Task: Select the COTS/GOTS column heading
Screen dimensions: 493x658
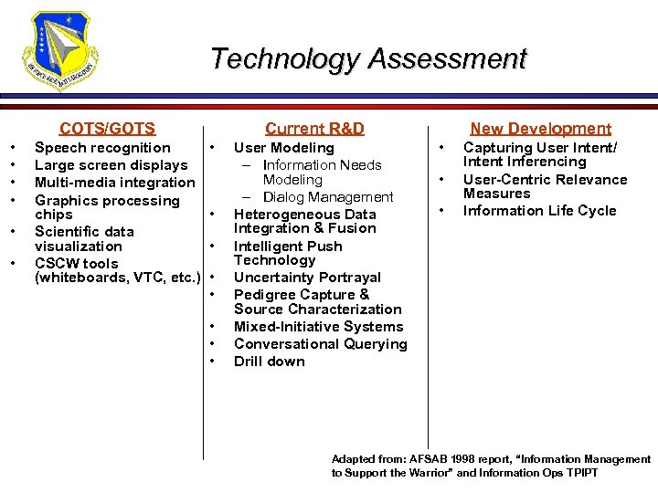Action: (x=107, y=129)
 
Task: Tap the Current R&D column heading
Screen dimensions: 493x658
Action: (x=314, y=129)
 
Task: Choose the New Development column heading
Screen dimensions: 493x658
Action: (x=540, y=129)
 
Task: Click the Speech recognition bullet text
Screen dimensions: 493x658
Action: (x=102, y=148)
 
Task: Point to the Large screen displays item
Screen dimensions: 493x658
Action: (x=111, y=165)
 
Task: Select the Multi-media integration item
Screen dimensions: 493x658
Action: (x=115, y=183)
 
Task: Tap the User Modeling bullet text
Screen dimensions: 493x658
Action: (x=283, y=148)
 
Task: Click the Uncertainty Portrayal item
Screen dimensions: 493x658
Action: (x=307, y=278)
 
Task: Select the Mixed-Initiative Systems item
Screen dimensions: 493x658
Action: (x=318, y=327)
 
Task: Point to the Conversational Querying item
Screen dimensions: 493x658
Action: (x=320, y=344)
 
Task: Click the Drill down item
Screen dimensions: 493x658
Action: (x=270, y=362)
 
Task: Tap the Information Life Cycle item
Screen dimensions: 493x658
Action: (x=539, y=211)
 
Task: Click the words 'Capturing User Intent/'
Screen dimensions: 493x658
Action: (x=540, y=148)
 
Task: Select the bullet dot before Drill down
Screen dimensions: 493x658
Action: (x=212, y=362)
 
